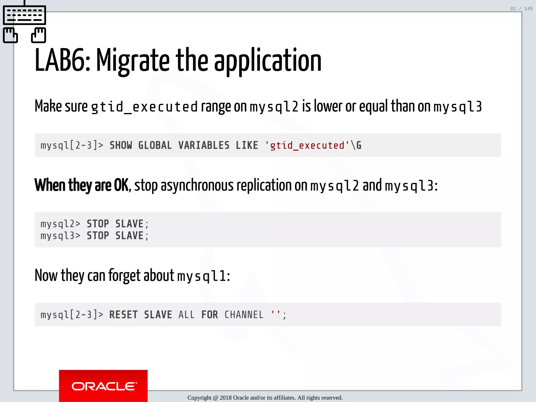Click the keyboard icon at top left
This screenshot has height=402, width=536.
tap(24, 15)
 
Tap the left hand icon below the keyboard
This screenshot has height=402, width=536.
tap(10, 35)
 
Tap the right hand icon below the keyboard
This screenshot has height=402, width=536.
tap(38, 35)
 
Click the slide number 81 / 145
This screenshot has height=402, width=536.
tap(521, 9)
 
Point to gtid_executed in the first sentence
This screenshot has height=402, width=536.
tap(144, 107)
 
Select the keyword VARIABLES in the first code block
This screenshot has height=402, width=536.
tap(204, 146)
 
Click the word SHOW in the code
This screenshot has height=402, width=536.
tap(121, 146)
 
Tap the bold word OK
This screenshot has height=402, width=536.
tap(121, 185)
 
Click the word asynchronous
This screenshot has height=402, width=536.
tap(197, 185)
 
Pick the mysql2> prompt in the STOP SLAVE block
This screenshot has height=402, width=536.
tap(60, 224)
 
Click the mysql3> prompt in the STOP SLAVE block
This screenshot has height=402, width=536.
tap(60, 236)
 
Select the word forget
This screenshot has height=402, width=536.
tap(124, 276)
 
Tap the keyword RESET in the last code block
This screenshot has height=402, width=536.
tap(123, 315)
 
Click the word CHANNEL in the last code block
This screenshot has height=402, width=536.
tap(244, 315)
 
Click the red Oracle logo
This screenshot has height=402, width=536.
tap(103, 386)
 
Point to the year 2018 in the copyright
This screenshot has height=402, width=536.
tap(226, 398)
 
